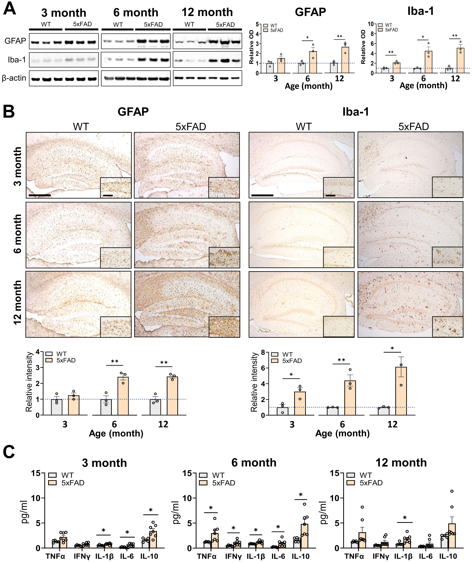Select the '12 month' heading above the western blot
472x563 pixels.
207,12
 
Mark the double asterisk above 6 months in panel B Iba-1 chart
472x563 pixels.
341,360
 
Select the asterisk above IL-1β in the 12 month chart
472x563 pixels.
405,518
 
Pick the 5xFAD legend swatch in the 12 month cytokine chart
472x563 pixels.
351,483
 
